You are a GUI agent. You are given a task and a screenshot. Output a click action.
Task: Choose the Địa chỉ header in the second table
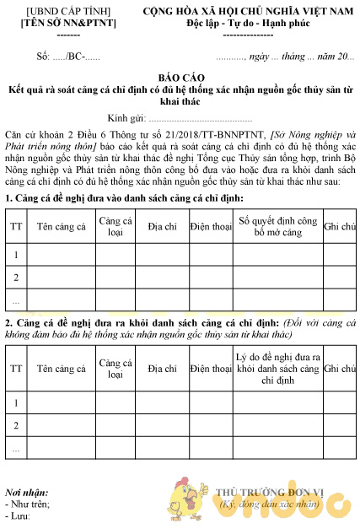pyautogui.click(x=161, y=369)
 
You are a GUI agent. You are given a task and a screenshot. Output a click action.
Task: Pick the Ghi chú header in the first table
pyautogui.click(x=339, y=226)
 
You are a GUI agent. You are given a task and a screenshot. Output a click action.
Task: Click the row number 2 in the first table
pyautogui.click(x=15, y=277)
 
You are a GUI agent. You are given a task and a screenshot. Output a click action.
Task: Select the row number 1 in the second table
pyautogui.click(x=15, y=403)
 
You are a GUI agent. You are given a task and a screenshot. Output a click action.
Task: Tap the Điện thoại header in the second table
pyautogui.click(x=211, y=369)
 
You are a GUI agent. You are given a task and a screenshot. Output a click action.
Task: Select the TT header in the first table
pyautogui.click(x=15, y=226)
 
